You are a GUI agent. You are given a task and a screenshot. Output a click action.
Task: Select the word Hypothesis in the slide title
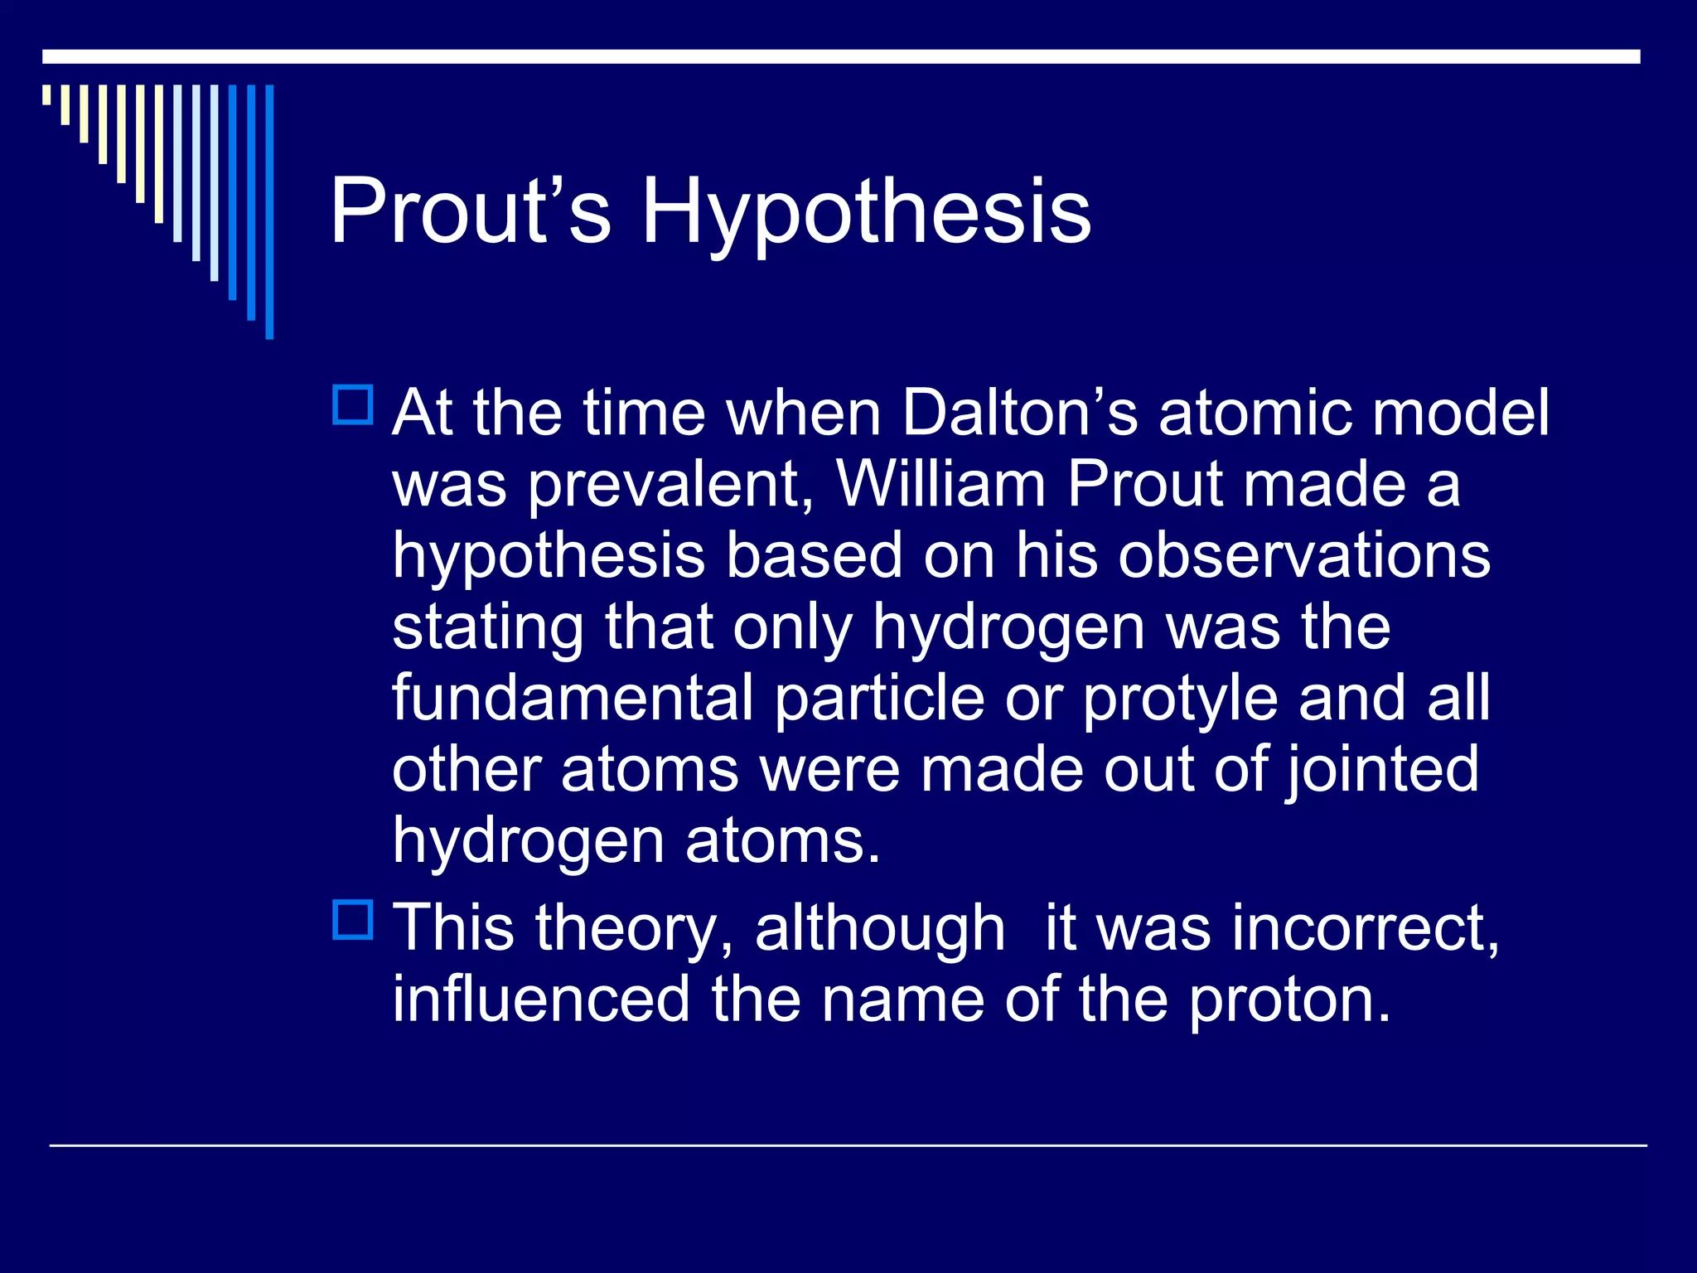click(x=866, y=214)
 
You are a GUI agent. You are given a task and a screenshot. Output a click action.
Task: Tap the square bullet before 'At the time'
click(x=353, y=405)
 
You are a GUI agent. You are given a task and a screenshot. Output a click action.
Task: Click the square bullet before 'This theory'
click(x=353, y=920)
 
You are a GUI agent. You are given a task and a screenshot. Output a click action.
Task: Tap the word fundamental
click(x=573, y=698)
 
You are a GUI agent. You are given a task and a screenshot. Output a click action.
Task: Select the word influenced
click(x=541, y=999)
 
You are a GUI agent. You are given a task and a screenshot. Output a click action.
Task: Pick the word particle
click(x=879, y=698)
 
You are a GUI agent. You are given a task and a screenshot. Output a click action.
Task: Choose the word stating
click(x=488, y=628)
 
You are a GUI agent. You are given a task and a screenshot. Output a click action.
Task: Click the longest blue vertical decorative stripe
click(x=269, y=211)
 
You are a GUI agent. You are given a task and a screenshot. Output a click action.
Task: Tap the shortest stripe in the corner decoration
click(x=46, y=94)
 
